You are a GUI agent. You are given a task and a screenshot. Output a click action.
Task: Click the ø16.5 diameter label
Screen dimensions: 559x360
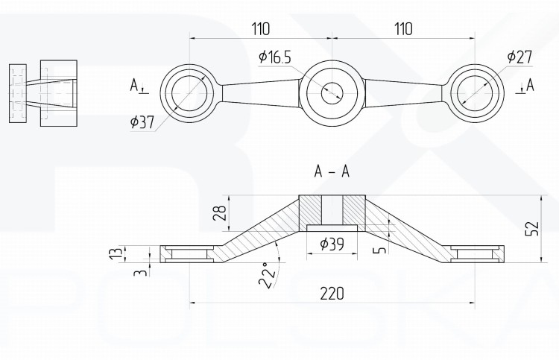pos(275,57)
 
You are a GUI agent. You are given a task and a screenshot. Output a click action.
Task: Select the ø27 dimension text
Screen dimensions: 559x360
pos(519,57)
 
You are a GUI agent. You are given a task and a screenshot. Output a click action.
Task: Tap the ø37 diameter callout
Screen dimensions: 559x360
pos(142,122)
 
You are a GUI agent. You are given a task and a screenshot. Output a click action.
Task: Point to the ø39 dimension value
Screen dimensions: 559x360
pos(332,244)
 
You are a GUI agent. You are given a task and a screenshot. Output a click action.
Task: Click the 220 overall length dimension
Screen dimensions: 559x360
pos(332,294)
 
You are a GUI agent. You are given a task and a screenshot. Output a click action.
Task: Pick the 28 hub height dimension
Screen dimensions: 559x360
pos(221,213)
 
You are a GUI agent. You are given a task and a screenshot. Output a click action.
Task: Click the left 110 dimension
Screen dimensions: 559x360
pos(261,29)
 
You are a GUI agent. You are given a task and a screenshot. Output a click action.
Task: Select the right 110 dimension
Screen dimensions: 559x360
pos(403,29)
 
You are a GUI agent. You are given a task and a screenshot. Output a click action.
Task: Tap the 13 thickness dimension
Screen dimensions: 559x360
pos(120,253)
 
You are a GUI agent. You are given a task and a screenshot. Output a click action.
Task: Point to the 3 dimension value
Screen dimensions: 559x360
pos(140,273)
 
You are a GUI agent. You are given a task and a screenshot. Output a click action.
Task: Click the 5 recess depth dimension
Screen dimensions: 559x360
pos(380,249)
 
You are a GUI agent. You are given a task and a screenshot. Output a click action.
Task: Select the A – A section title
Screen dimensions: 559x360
pos(332,172)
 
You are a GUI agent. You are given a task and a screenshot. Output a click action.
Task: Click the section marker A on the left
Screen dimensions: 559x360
pos(133,85)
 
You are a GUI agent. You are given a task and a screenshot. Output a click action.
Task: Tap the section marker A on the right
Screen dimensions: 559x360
pos(530,85)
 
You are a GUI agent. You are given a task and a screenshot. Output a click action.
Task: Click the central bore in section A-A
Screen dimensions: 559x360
pos(332,210)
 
